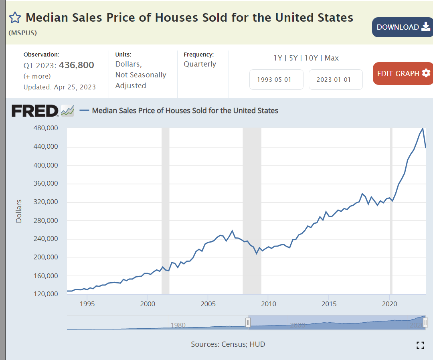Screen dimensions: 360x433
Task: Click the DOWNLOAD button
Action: tap(403, 27)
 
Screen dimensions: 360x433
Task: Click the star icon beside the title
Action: tap(15, 18)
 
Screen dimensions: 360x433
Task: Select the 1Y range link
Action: tap(278, 58)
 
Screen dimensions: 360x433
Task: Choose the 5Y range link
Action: tap(293, 58)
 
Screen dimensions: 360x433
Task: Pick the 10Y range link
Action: tap(311, 58)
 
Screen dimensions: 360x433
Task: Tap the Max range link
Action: tap(332, 58)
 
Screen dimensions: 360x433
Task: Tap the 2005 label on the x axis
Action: tap(208, 303)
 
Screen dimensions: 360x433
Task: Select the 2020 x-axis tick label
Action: tap(390, 303)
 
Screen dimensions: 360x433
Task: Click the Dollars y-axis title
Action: tap(19, 211)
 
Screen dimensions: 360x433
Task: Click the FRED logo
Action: tap(35, 111)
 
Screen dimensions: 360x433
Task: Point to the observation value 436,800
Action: tap(77, 65)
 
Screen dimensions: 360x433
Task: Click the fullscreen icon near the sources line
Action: tap(420, 345)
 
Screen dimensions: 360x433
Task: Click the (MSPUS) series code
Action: tap(22, 33)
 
